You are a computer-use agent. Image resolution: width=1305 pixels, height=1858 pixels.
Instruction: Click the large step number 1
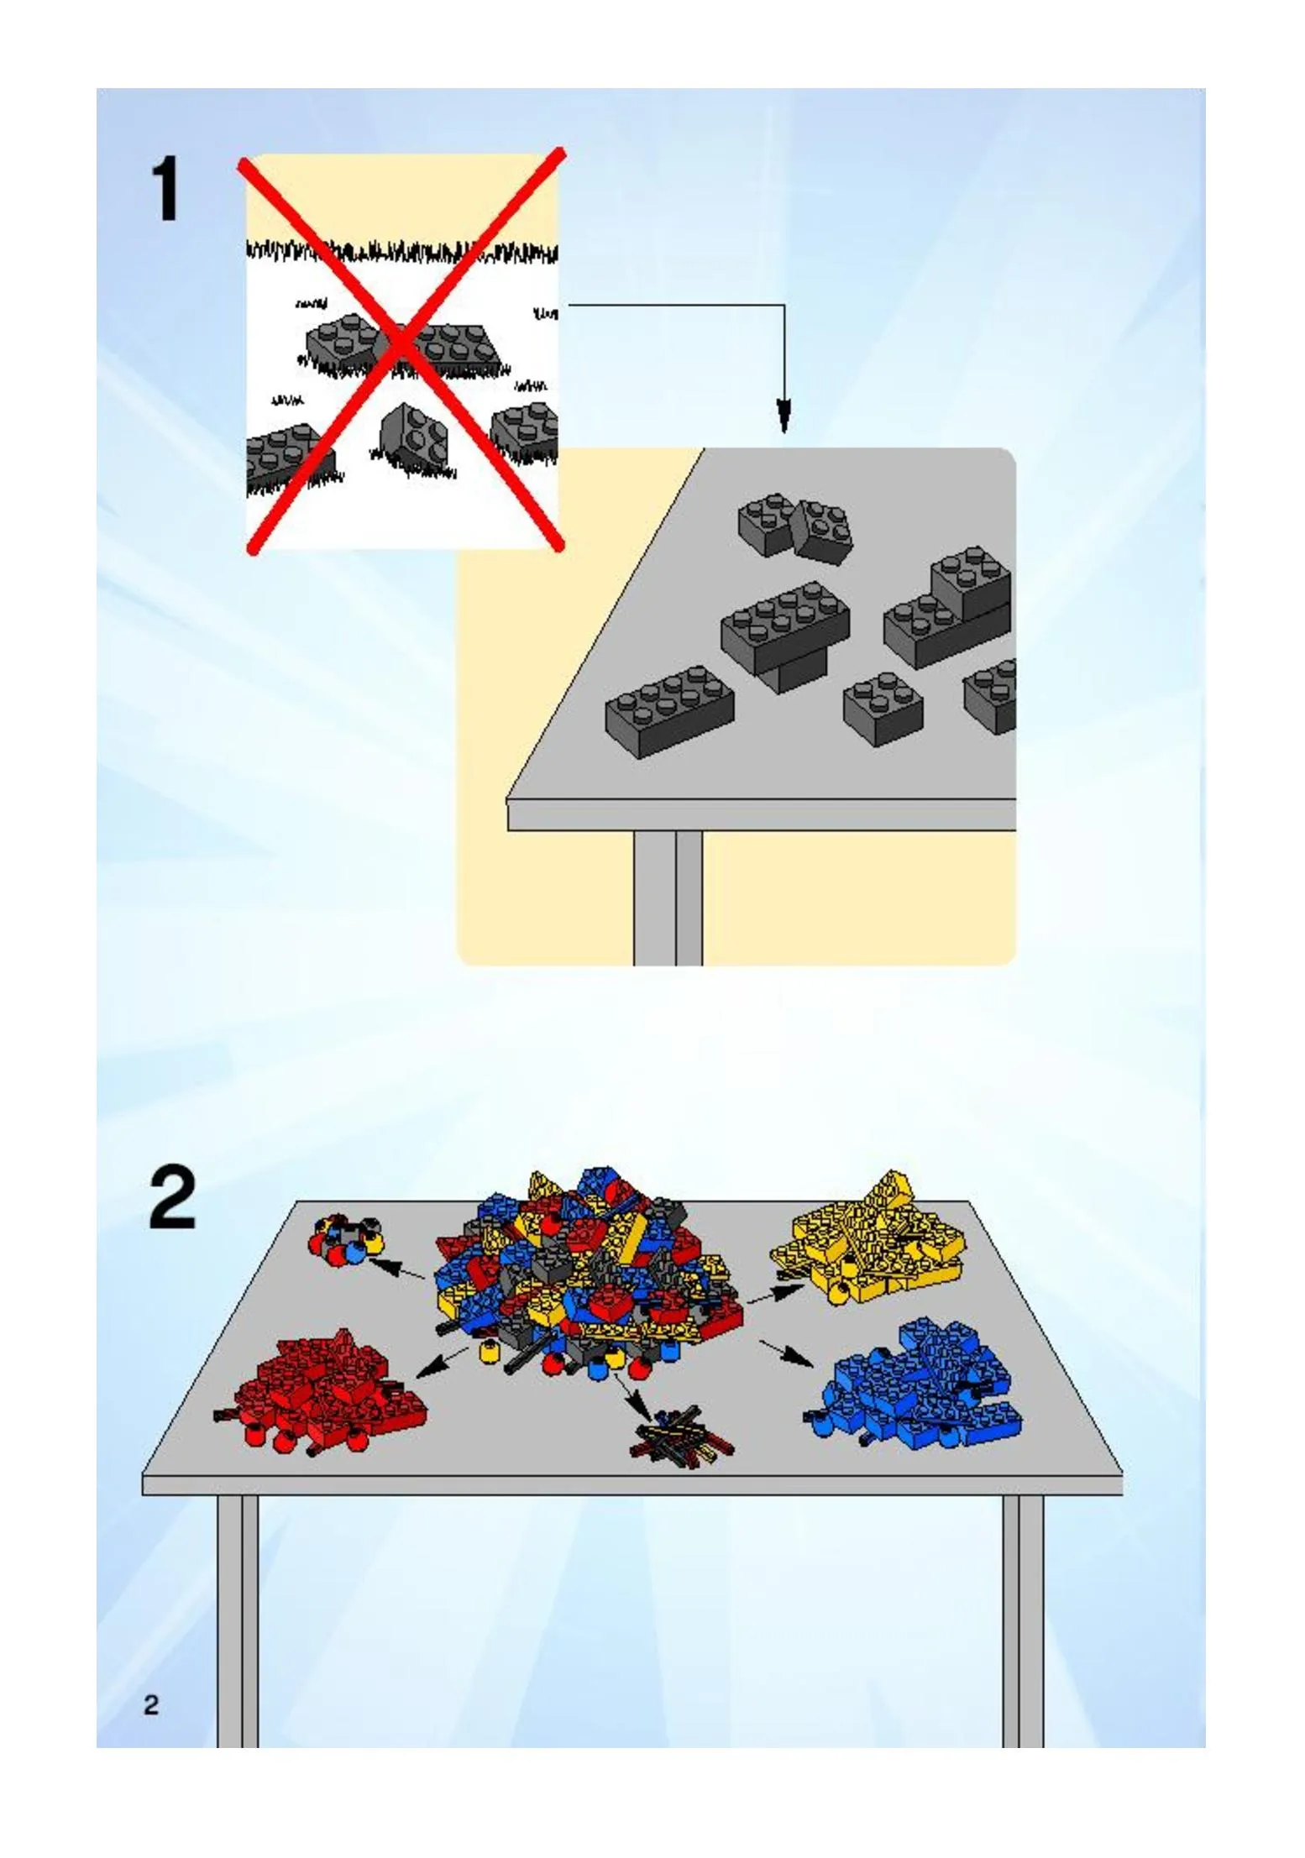165,190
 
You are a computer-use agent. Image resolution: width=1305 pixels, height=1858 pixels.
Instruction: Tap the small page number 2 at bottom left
151,1705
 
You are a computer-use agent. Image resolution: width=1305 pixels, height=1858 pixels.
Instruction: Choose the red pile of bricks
323,1393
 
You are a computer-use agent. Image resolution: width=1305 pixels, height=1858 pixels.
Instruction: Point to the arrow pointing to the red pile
443,1361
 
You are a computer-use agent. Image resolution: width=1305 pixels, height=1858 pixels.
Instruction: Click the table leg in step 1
668,898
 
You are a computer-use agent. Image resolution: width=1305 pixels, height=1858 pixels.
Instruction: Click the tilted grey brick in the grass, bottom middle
416,437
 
